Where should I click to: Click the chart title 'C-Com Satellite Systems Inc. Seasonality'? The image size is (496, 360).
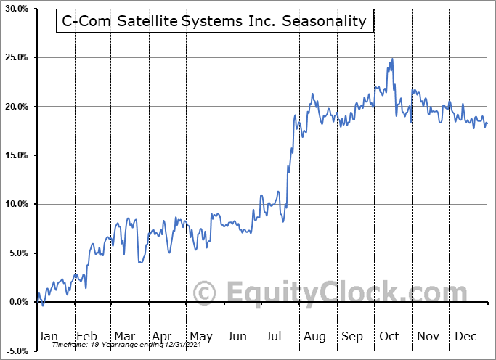click(x=214, y=21)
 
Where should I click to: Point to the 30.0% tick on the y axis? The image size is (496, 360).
click(x=16, y=9)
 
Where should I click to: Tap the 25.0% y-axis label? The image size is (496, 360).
click(x=16, y=57)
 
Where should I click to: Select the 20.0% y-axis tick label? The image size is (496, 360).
click(x=16, y=107)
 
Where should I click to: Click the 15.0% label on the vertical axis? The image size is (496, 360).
click(x=16, y=155)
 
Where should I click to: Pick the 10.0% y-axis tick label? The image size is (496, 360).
click(x=16, y=204)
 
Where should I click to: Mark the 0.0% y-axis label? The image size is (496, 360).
click(x=17, y=302)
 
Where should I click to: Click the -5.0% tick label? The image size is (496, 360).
click(x=16, y=351)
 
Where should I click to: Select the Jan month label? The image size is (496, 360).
click(x=47, y=336)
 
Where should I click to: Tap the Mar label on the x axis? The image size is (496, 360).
click(x=123, y=336)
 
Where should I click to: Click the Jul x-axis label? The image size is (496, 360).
click(x=275, y=336)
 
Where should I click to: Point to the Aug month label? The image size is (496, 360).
click(x=314, y=336)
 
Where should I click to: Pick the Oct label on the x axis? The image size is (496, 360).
click(x=389, y=336)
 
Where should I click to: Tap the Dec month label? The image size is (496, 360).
click(x=465, y=336)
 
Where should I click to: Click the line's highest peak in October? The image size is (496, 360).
click(x=392, y=59)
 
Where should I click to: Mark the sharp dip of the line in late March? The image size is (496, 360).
click(x=139, y=261)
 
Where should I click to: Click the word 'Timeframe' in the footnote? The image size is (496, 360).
click(x=70, y=345)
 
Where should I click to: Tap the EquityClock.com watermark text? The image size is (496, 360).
click(x=338, y=293)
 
